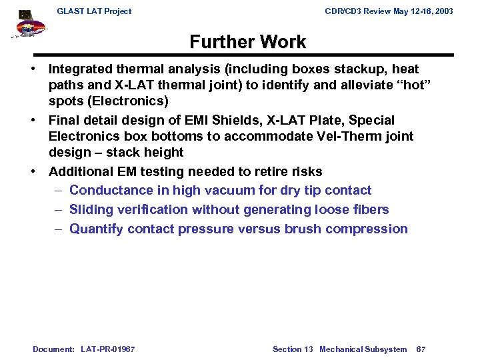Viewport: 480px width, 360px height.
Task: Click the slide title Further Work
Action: click(x=247, y=42)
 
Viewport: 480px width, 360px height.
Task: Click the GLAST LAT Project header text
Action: click(x=94, y=11)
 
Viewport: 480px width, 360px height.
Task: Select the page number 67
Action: click(x=421, y=349)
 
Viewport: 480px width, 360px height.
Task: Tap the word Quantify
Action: click(x=96, y=229)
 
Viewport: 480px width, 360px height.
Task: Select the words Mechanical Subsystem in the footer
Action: click(x=363, y=349)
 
